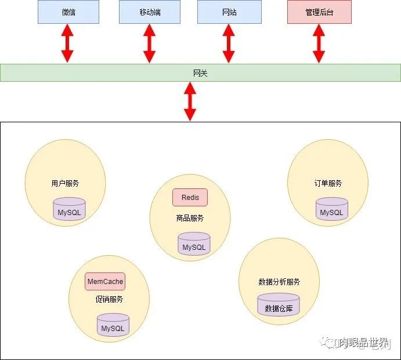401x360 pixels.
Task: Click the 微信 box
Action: [68, 12]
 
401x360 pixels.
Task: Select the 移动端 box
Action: [150, 12]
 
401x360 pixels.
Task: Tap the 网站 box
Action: [229, 12]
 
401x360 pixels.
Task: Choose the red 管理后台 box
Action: [319, 12]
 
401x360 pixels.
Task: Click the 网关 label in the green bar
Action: [200, 73]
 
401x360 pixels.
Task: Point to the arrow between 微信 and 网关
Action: [68, 44]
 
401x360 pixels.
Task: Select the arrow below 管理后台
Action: [319, 44]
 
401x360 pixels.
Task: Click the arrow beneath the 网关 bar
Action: [190, 101]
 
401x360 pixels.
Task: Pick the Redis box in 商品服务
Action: [190, 198]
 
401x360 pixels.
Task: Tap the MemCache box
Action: [105, 282]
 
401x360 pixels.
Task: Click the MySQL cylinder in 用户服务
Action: [70, 210]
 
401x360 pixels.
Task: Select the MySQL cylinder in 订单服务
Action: [332, 210]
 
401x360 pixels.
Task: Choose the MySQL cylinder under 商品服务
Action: [194, 245]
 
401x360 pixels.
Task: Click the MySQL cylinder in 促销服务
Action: [113, 326]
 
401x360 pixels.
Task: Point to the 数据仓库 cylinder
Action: [279, 306]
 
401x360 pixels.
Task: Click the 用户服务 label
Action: [65, 183]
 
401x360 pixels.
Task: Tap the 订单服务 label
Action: [328, 183]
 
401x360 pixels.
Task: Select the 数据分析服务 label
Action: [279, 282]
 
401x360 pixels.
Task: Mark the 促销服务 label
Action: [109, 300]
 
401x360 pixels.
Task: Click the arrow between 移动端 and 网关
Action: [150, 44]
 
